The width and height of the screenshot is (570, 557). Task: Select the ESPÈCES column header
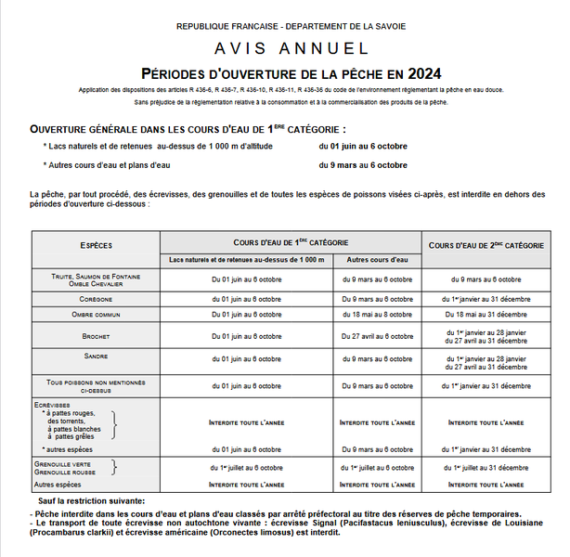point(97,245)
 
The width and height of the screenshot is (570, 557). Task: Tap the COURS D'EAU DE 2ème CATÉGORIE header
point(486,245)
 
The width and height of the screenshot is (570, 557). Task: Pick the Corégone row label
point(97,299)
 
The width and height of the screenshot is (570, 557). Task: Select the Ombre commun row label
point(97,316)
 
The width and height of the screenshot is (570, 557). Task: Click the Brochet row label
point(97,336)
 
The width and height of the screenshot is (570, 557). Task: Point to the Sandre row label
point(97,356)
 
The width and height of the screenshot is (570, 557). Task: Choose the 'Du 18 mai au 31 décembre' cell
point(486,316)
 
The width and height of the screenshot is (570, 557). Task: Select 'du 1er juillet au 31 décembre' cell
point(486,468)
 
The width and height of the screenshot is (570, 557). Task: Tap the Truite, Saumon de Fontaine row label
point(97,276)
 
